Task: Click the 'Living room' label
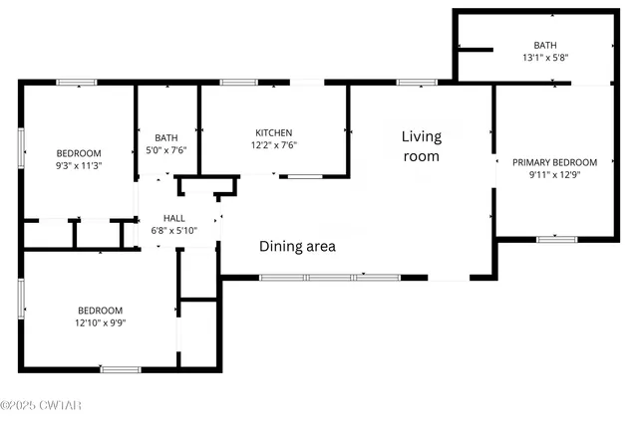click(x=421, y=146)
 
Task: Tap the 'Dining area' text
click(x=297, y=246)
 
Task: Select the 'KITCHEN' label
click(x=274, y=132)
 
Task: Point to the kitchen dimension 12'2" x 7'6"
click(x=274, y=144)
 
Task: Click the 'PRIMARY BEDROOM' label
click(x=554, y=162)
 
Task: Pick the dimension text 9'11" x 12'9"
click(x=554, y=174)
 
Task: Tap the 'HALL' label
click(x=159, y=218)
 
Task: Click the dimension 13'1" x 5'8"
click(x=545, y=57)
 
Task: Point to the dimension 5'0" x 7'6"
click(x=165, y=150)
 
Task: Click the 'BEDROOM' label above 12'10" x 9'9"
click(x=100, y=310)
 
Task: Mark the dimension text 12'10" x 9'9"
click(x=100, y=321)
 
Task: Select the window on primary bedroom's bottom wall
click(x=556, y=238)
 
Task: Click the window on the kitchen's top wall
click(x=239, y=82)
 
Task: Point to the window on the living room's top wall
click(x=411, y=82)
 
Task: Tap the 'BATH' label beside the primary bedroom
click(x=545, y=45)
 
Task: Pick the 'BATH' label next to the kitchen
click(x=165, y=138)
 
